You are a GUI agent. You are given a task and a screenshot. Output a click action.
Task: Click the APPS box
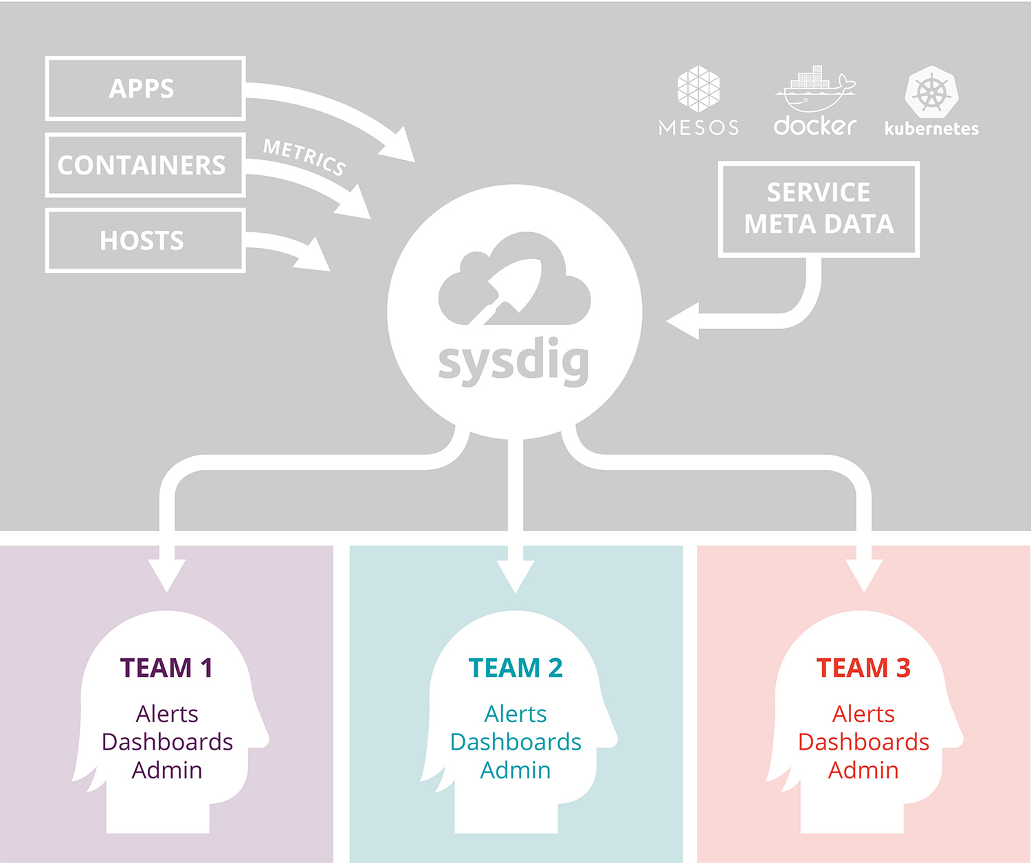(x=145, y=89)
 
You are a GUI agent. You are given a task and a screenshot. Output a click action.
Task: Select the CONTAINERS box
(x=145, y=165)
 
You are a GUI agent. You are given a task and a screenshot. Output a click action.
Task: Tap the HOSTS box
(x=145, y=240)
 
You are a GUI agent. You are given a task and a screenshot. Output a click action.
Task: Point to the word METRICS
(x=304, y=157)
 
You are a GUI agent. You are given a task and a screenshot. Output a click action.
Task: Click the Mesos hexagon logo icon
(x=698, y=89)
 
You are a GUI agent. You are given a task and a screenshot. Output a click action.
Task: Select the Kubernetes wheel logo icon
(x=931, y=92)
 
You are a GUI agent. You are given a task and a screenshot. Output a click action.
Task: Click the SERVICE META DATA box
(x=819, y=209)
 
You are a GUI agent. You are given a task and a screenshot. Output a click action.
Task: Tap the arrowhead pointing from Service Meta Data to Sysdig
(x=685, y=321)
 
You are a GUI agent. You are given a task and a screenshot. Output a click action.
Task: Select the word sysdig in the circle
(x=514, y=362)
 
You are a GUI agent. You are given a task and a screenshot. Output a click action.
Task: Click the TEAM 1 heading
(x=166, y=668)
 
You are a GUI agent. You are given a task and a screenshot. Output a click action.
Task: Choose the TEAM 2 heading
(x=515, y=668)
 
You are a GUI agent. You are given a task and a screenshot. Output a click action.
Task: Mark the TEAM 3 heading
(x=863, y=668)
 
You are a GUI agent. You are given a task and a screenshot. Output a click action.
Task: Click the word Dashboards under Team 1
(x=167, y=742)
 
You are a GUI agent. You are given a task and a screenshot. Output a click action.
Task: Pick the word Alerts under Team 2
(x=515, y=714)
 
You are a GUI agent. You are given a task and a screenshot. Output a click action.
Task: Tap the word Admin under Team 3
(x=863, y=770)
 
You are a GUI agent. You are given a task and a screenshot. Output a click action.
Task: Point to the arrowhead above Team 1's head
(x=167, y=574)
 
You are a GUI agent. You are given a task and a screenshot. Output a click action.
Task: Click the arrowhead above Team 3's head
(x=864, y=574)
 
